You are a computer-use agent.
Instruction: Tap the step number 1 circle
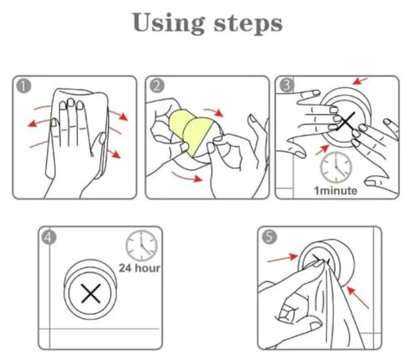click(23, 86)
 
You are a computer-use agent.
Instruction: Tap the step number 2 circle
click(156, 86)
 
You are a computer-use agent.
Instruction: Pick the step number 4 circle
click(49, 237)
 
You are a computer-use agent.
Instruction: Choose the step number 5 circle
click(269, 237)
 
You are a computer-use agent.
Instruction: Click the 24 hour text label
click(139, 267)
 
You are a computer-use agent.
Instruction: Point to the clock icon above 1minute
click(336, 167)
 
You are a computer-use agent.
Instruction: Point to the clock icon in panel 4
click(141, 245)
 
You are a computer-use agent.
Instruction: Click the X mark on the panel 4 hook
click(90, 294)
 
